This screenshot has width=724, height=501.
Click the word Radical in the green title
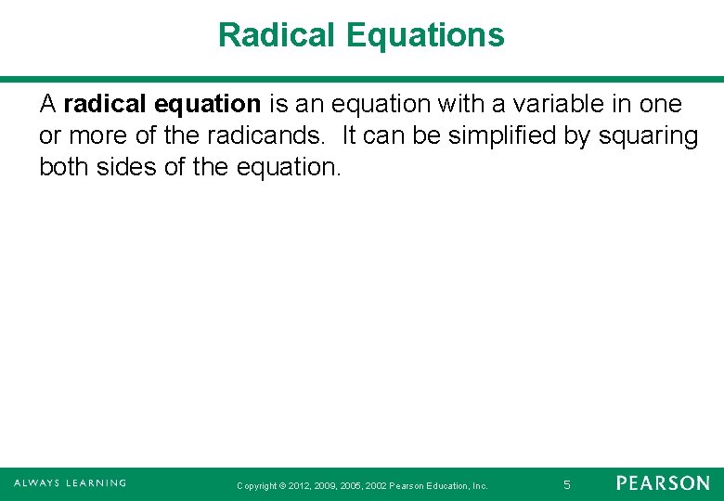[278, 35]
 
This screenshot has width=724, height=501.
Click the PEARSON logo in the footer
[663, 483]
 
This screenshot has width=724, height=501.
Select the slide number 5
[566, 484]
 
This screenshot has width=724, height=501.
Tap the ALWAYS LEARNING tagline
[70, 483]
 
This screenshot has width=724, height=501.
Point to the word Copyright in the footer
[257, 485]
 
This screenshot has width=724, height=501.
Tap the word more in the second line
[97, 135]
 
